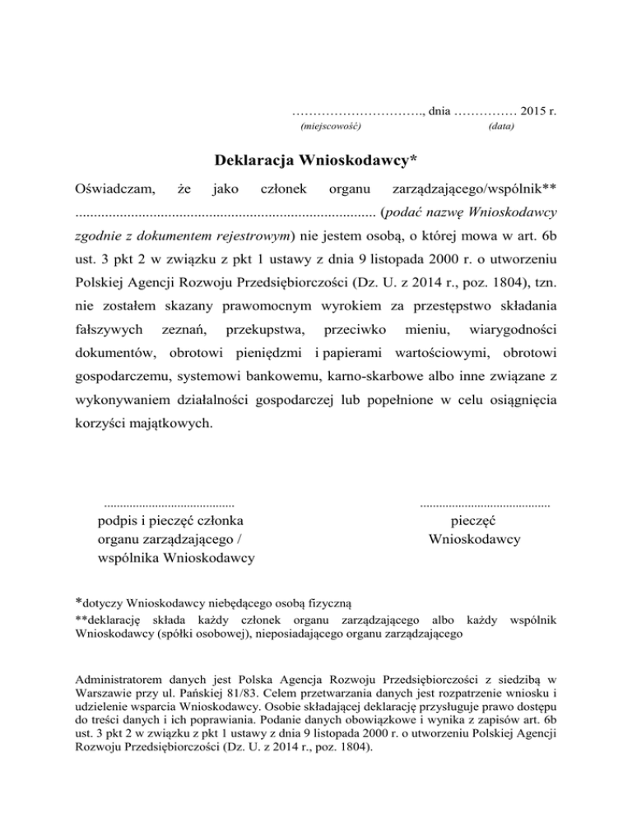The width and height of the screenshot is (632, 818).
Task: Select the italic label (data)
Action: (502, 128)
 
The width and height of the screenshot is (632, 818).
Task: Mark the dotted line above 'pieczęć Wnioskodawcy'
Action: (485, 501)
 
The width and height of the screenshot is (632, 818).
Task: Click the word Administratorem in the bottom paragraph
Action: (115, 681)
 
